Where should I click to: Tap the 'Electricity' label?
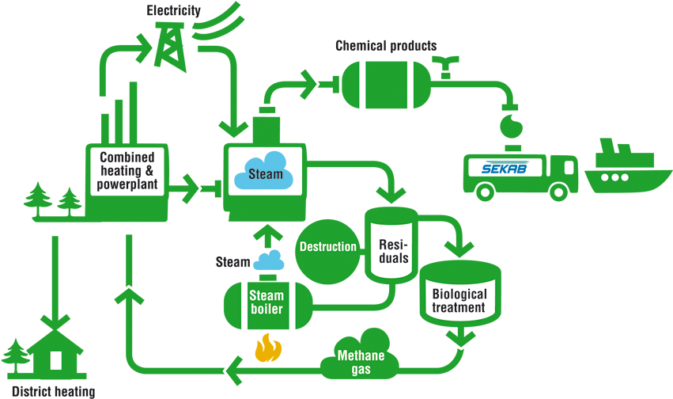click(x=173, y=10)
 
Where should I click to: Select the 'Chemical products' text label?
click(x=385, y=46)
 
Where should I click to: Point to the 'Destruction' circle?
click(x=327, y=246)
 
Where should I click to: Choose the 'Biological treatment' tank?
click(x=459, y=294)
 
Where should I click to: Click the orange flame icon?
click(x=267, y=349)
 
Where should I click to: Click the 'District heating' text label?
click(x=53, y=391)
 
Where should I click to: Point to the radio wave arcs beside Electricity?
click(x=221, y=21)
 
